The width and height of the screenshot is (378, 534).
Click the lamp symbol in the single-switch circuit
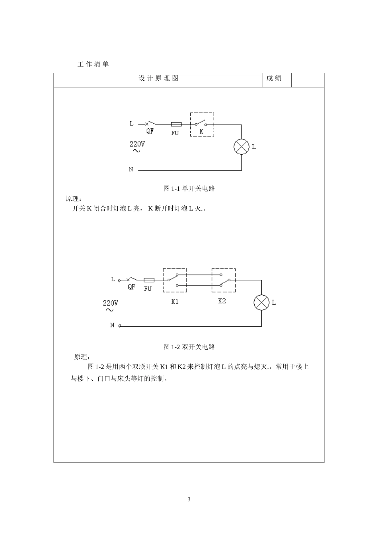(242, 147)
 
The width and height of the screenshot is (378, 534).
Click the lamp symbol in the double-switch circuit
(261, 302)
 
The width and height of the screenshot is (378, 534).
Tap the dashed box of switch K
(202, 124)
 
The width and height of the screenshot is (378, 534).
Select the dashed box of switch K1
(175, 280)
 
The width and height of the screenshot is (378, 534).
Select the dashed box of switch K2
(223, 280)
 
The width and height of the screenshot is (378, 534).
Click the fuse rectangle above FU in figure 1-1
(176, 124)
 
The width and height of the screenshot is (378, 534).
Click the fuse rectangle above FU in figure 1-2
(148, 280)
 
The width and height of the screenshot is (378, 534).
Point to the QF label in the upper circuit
(150, 132)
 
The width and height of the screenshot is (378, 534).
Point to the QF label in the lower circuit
(131, 287)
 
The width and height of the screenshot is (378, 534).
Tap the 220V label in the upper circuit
(137, 144)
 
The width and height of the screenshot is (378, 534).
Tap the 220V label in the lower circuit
(111, 303)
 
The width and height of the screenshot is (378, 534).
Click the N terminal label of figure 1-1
(131, 169)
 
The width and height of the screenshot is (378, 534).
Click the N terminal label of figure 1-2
(112, 325)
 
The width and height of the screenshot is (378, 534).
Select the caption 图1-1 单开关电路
(189, 188)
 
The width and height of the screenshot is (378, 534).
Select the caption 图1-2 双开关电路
(189, 347)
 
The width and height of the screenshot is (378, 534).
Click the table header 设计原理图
(158, 79)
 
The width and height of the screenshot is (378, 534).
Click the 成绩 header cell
(274, 79)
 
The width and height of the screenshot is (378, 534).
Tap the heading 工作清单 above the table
(93, 64)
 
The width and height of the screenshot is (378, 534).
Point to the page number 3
(189, 499)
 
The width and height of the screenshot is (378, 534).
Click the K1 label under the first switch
(175, 301)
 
